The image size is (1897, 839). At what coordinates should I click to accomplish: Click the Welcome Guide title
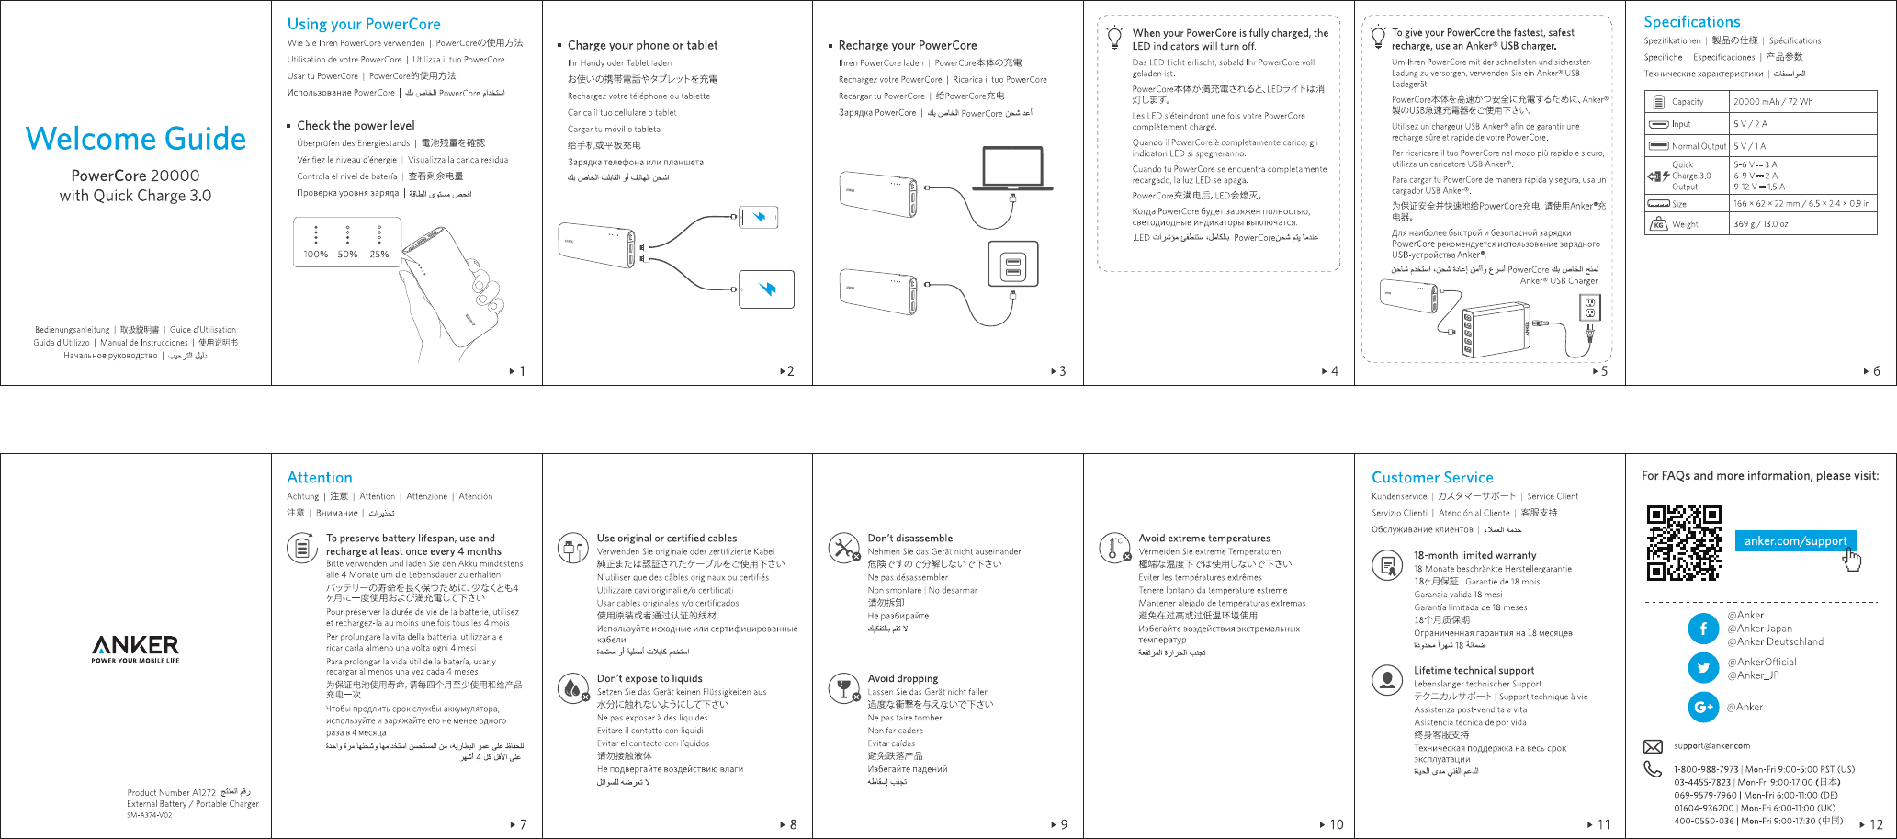coord(136,139)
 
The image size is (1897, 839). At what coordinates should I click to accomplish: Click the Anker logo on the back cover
coord(135,647)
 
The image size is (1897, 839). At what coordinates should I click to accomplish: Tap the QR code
coord(1683,542)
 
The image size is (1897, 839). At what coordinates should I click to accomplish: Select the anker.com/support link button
coord(1795,540)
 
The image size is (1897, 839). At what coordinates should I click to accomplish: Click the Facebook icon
coord(1703,629)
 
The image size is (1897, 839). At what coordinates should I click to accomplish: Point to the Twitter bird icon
coord(1703,668)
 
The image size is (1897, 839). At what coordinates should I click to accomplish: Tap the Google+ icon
coord(1703,707)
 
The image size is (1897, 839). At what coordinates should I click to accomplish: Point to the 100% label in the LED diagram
coord(315,255)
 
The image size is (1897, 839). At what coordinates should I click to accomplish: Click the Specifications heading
coord(1691,22)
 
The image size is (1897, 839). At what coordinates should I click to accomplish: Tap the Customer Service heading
coord(1432,478)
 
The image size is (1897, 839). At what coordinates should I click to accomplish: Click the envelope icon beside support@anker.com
coord(1653,746)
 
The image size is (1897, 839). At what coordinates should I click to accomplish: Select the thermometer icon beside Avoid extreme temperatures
coord(1114,548)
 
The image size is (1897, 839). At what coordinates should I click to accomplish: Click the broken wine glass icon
coord(843,688)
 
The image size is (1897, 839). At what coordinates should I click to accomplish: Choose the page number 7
coord(523,824)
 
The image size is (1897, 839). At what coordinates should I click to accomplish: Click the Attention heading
coord(320,478)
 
